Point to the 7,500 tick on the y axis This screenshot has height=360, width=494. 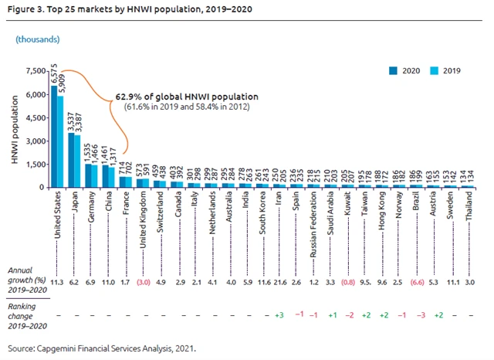point(35,71)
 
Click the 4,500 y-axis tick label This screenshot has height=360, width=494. point(35,117)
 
